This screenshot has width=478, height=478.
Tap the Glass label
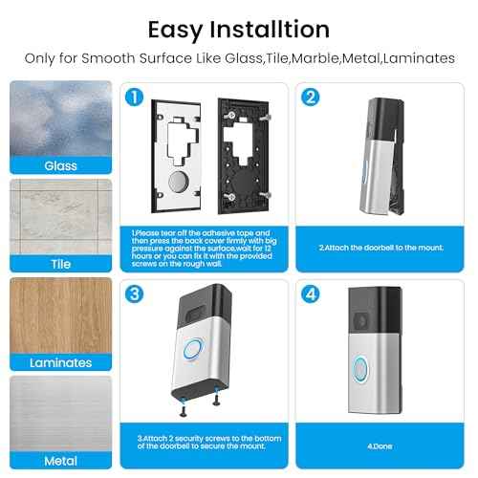coord(61,165)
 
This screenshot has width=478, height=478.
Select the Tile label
coord(61,264)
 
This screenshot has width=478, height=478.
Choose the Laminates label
coord(61,362)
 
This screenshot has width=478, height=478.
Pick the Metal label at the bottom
coord(61,461)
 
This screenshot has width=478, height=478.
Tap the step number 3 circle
coord(137,293)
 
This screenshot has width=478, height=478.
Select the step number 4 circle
coord(310,293)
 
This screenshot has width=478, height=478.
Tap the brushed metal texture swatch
coord(61,413)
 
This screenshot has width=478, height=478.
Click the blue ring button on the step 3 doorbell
coord(197,348)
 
